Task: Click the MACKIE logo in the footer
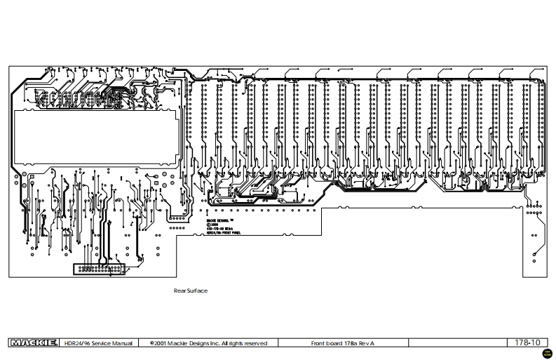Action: [x=33, y=343]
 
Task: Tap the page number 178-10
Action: [x=527, y=342]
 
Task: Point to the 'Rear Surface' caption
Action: [x=190, y=290]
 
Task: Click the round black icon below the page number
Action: [x=546, y=352]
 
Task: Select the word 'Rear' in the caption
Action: [x=179, y=290]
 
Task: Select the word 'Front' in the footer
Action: [x=318, y=343]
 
